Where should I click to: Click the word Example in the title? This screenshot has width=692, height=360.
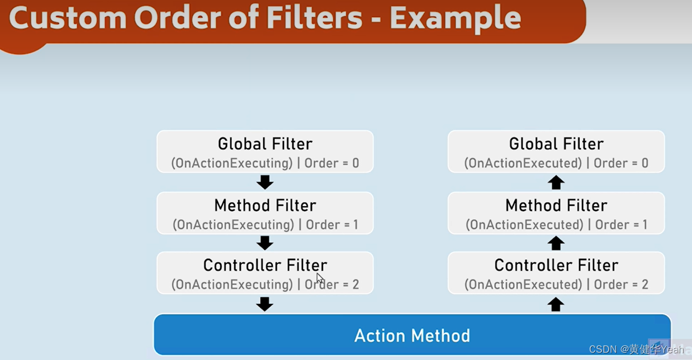tap(455, 18)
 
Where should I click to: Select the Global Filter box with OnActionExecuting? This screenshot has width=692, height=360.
tap(265, 151)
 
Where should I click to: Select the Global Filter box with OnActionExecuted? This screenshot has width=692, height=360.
tap(556, 151)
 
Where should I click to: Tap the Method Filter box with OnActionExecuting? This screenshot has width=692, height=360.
tap(265, 213)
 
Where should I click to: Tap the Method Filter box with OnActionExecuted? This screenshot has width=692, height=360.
tap(556, 213)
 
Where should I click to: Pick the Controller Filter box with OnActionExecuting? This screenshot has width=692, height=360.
tap(265, 273)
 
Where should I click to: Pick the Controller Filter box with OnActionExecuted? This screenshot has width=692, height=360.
tap(556, 273)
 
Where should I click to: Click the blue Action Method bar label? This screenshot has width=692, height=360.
tap(412, 335)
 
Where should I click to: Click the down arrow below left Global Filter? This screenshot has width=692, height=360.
tap(265, 182)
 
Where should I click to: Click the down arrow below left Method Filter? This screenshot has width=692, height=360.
tap(265, 243)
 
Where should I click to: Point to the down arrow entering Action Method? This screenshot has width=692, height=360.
tap(265, 304)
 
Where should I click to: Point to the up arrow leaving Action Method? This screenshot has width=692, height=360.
tap(556, 304)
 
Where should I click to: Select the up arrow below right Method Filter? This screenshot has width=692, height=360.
tap(556, 243)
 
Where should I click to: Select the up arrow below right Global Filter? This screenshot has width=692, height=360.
tap(556, 182)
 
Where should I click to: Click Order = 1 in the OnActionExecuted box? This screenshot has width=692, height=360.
tap(621, 225)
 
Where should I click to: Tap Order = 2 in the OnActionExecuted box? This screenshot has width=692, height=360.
tap(621, 285)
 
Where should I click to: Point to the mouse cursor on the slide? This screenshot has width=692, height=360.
tap(320, 277)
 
